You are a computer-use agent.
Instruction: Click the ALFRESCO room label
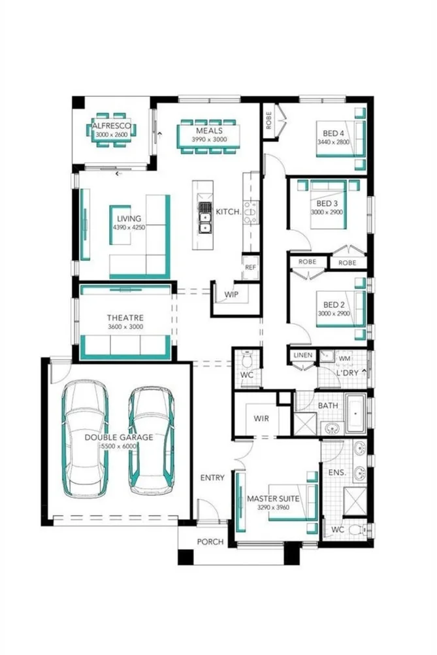[112, 125]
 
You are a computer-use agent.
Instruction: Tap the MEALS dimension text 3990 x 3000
[209, 140]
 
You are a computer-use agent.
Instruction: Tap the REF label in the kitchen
[250, 267]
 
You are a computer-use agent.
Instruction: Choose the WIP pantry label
[231, 295]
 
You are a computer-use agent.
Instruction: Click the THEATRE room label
[125, 318]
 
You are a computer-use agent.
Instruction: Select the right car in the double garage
[151, 439]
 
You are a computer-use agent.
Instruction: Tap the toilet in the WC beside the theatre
[248, 361]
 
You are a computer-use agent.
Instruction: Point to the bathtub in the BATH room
[354, 414]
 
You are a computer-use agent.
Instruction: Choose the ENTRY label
[212, 478]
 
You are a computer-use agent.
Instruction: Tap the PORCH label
[210, 542]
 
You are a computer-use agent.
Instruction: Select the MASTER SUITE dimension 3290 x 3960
[273, 507]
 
